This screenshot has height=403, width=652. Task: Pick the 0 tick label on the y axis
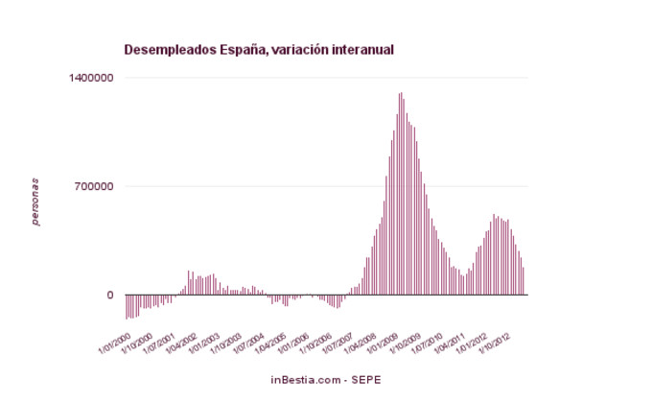[x=110, y=296]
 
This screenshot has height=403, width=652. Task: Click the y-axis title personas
[x=35, y=201]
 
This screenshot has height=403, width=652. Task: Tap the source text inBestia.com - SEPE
[x=326, y=380]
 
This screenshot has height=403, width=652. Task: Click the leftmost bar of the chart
[x=127, y=306]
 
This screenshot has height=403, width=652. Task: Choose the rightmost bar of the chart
[x=524, y=281]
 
